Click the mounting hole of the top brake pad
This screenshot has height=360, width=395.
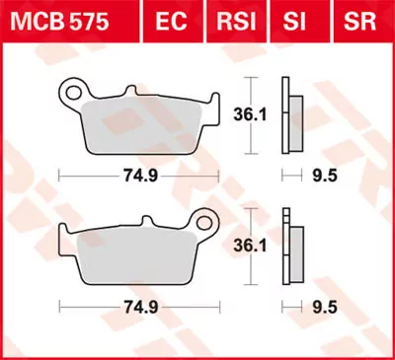71,94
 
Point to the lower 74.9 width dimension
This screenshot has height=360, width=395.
138,309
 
